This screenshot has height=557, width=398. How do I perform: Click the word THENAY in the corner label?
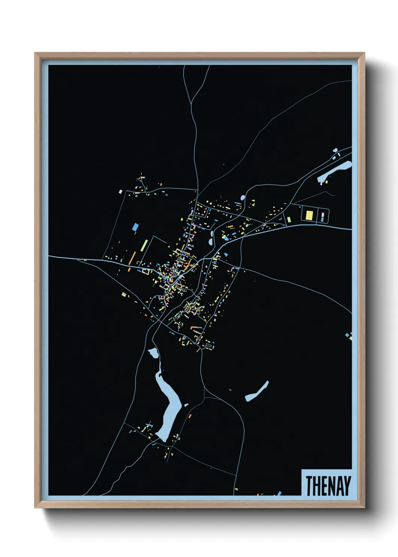tap(328, 486)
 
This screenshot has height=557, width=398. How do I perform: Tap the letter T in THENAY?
tap(309, 486)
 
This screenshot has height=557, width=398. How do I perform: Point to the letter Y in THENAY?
tap(347, 486)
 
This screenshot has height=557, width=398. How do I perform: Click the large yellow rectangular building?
tap(309, 215)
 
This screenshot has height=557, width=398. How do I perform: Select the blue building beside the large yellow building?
tap(322, 219)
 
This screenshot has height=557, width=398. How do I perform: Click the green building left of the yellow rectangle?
tap(289, 219)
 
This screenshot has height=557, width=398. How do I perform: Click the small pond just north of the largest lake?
tap(153, 353)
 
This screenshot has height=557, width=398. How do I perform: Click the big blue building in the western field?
tap(135, 227)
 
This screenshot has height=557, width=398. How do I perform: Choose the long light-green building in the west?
tap(144, 245)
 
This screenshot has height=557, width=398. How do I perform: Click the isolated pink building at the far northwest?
tap(121, 192)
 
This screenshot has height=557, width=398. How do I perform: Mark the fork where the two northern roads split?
tap(191, 102)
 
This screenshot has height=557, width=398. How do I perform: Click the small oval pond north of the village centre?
tap(243, 197)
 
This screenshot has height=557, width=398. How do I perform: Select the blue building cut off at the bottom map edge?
tap(279, 493)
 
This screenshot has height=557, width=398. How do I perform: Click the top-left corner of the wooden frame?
tap(35, 53)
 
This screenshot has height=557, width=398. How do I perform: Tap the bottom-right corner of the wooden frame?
tap(364, 507)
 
